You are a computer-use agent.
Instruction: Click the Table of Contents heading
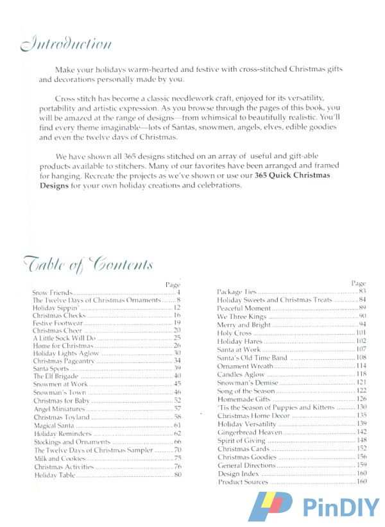point(88,265)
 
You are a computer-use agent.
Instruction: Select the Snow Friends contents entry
point(52,292)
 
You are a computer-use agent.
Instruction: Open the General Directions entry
point(246,465)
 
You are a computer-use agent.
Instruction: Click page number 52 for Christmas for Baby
point(177,400)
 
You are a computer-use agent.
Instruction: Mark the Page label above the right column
point(358,283)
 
